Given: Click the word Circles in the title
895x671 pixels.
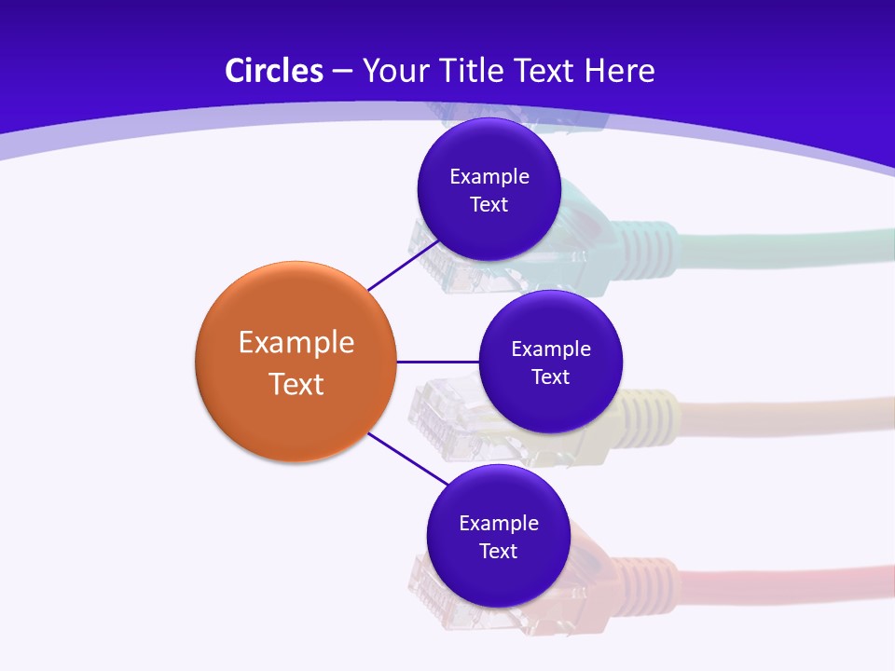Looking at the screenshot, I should click(273, 71).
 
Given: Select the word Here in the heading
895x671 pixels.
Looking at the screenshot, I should click(619, 71).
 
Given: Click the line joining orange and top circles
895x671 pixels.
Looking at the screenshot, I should click(404, 266).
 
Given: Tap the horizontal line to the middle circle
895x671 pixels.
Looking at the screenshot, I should click(437, 361).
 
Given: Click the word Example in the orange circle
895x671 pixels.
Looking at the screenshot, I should click(296, 342).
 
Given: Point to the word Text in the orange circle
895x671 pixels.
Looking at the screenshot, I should click(296, 383).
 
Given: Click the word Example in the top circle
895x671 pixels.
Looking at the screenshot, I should click(489, 176).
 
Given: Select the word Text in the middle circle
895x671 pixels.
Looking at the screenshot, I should click(550, 377).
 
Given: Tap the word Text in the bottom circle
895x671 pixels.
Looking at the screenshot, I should click(498, 551).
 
